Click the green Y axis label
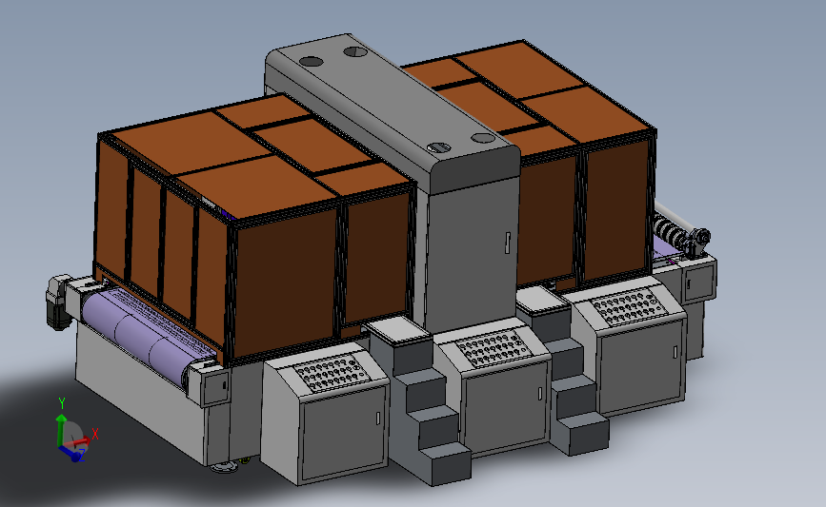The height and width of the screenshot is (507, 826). tap(62, 403)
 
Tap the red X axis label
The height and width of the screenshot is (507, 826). tap(95, 434)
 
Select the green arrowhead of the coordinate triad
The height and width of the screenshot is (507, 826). tap(62, 419)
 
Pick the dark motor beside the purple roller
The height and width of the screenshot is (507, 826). tap(57, 302)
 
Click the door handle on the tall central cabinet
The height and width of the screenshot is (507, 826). tap(507, 243)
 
